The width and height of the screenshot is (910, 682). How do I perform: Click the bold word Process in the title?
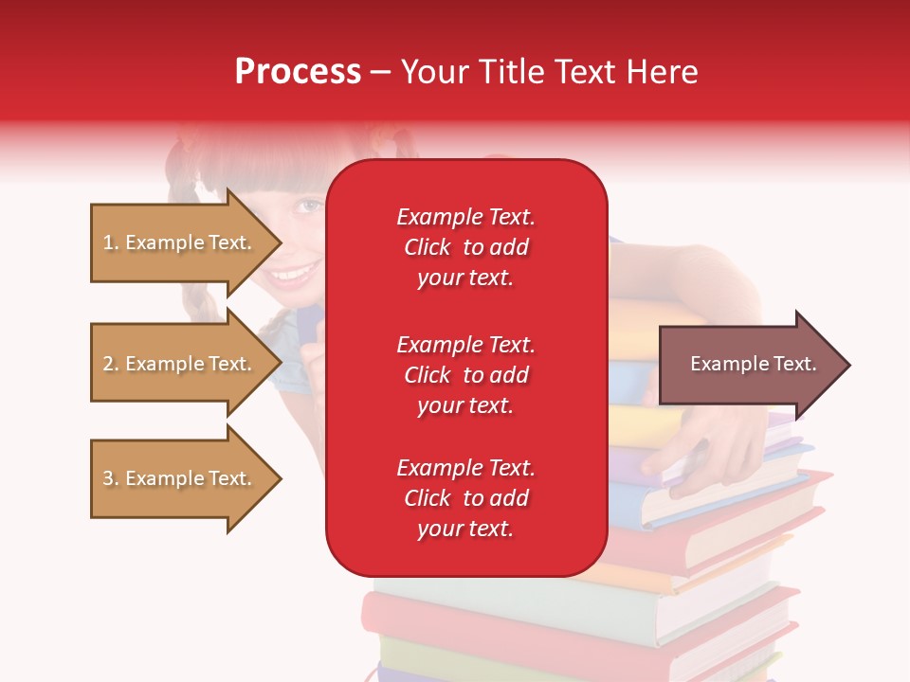tap(298, 72)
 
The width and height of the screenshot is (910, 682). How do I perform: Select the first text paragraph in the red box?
tap(465, 247)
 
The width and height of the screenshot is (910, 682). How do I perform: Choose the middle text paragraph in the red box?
tap(465, 375)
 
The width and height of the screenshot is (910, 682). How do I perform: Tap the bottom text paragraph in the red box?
tap(465, 498)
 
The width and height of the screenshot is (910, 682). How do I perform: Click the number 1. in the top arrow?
tap(111, 242)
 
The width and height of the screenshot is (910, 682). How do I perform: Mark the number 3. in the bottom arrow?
tap(111, 478)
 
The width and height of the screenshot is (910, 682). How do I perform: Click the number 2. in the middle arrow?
tap(111, 364)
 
